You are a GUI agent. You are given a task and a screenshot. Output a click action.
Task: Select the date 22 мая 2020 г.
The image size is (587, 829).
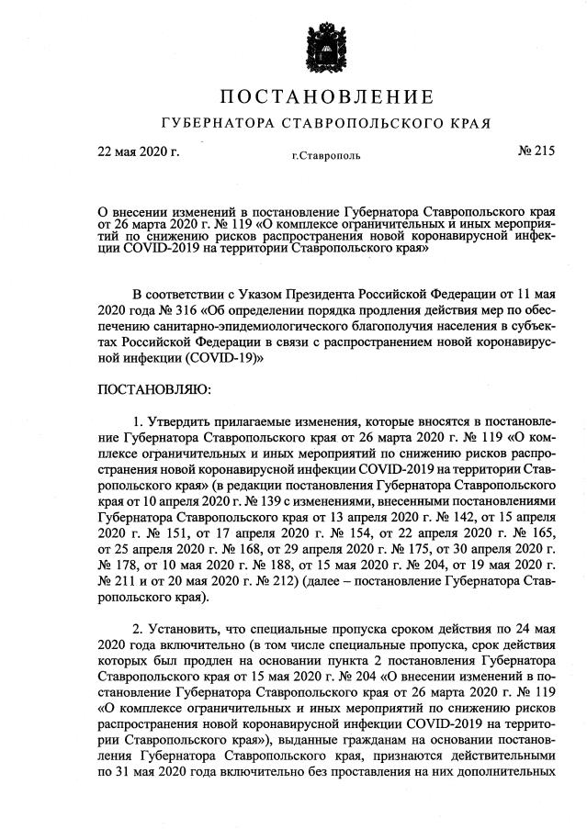tap(138, 151)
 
